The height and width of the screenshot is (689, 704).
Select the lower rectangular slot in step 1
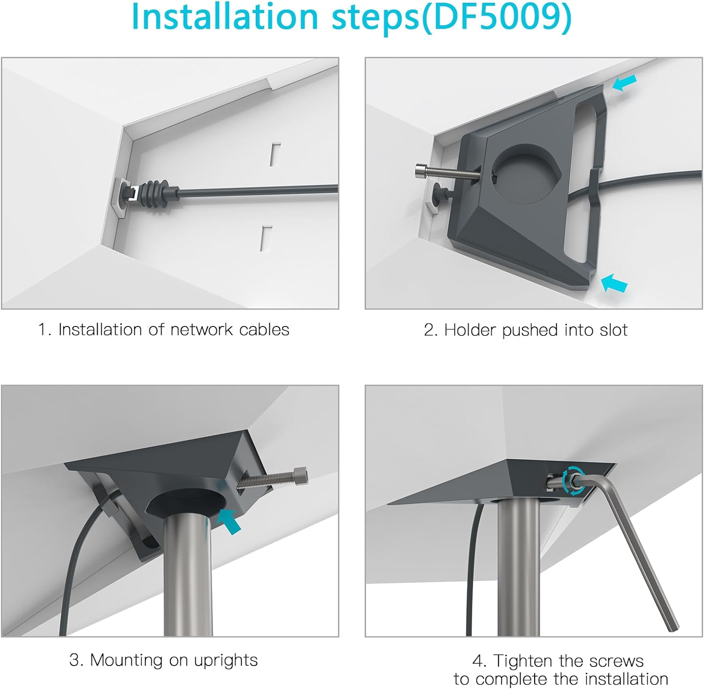pyautogui.click(x=266, y=238)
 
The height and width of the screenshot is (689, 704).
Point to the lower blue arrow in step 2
pyautogui.click(x=613, y=283)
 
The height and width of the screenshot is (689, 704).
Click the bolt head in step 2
pyautogui.click(x=421, y=172)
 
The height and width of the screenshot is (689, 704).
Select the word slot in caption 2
pyautogui.click(x=613, y=330)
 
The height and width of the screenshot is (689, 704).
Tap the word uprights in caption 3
pyautogui.click(x=226, y=660)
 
